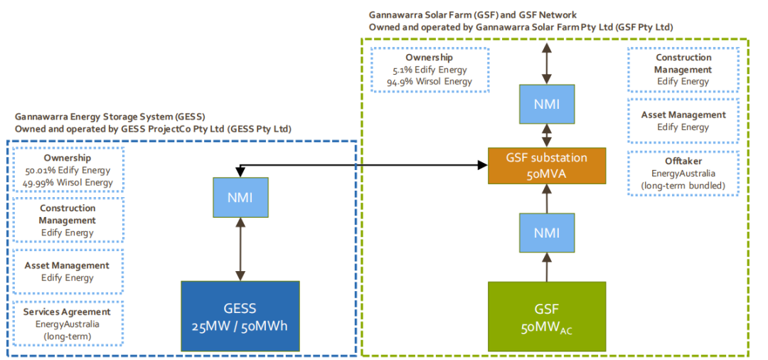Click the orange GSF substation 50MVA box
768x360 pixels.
[x=546, y=166]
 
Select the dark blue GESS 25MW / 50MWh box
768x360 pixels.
[x=240, y=316]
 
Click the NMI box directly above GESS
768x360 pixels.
[x=240, y=197]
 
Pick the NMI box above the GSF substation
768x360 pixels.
[x=546, y=104]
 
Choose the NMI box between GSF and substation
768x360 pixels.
[x=546, y=233]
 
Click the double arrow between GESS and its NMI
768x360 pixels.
[x=240, y=249]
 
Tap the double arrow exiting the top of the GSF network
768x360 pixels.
[x=546, y=63]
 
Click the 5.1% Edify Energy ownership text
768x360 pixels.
[x=429, y=70]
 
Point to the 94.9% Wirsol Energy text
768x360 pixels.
[x=429, y=81]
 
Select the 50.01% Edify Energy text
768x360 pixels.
[x=68, y=170]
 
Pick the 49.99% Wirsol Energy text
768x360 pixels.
[x=68, y=182]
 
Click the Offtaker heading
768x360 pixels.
[x=683, y=161]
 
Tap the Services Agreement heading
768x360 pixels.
[x=68, y=312]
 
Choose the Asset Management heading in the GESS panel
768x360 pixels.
[x=68, y=265]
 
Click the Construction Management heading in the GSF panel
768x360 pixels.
[x=683, y=64]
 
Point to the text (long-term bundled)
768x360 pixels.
[x=683, y=185]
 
